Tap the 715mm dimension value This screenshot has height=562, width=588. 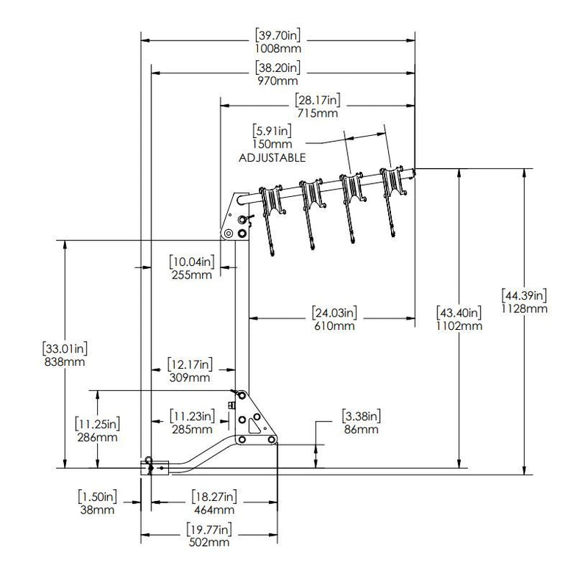click(x=318, y=112)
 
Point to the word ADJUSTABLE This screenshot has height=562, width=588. click(x=272, y=157)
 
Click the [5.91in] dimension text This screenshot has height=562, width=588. click(x=271, y=132)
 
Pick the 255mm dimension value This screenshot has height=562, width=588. click(x=191, y=275)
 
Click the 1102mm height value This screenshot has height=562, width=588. click(x=459, y=325)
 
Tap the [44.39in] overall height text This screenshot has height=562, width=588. click(x=524, y=295)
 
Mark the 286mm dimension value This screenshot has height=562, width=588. click(x=97, y=435)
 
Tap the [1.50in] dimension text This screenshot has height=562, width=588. click(x=98, y=496)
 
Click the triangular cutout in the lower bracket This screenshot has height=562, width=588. click(x=255, y=423)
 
